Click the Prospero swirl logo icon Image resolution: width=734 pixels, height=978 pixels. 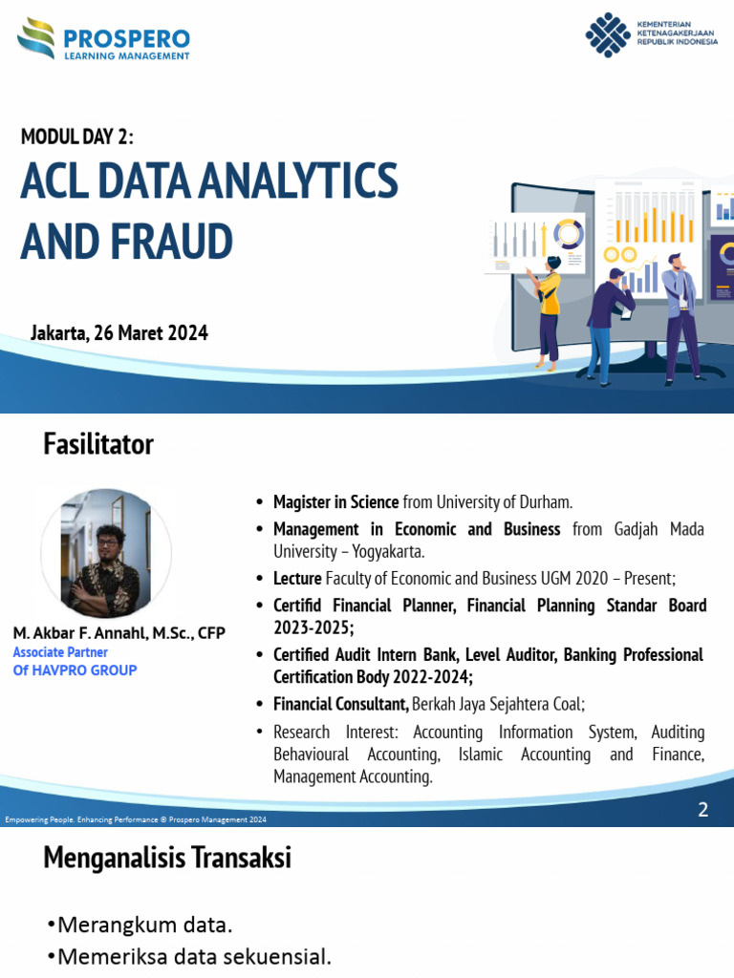(36, 39)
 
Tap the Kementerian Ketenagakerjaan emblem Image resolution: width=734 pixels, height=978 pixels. (608, 35)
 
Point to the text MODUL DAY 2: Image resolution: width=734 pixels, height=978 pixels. (77, 137)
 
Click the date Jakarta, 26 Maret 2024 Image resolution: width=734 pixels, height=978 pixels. (119, 333)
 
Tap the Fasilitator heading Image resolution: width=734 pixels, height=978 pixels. (98, 444)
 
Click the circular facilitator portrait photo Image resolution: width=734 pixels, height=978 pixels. (105, 554)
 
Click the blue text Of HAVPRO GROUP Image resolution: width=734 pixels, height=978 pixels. (75, 670)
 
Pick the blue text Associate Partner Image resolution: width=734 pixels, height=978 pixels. (60, 652)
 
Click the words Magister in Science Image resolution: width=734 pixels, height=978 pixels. (335, 502)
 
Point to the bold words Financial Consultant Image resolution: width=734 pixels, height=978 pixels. (340, 705)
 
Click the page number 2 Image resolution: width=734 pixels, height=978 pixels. (703, 810)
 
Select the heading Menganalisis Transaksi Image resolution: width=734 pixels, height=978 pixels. (167, 859)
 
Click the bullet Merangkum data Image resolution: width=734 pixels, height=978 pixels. (143, 925)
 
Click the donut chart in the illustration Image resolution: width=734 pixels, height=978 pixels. (569, 234)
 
